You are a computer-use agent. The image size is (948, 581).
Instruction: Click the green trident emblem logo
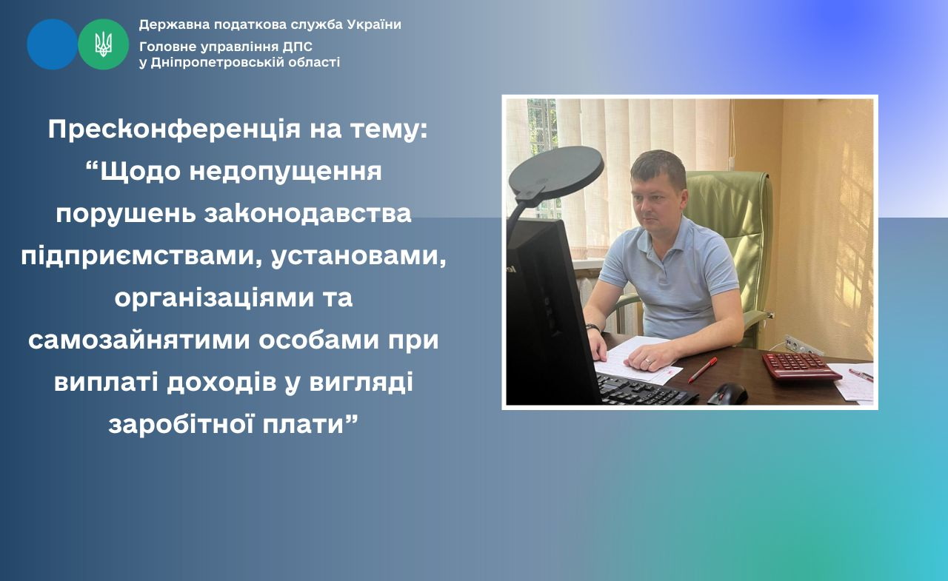tap(103, 44)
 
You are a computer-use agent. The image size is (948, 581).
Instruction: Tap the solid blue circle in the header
tap(52, 44)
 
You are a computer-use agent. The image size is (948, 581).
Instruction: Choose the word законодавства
tap(307, 214)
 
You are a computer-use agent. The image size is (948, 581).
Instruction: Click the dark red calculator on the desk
tap(801, 366)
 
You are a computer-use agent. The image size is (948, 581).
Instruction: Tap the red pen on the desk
tap(703, 370)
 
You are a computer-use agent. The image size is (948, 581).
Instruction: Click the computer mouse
tap(727, 394)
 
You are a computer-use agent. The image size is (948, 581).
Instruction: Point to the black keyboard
tap(644, 389)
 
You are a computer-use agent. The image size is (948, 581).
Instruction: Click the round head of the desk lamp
tap(556, 170)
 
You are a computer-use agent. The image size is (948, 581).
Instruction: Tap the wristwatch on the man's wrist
tap(592, 327)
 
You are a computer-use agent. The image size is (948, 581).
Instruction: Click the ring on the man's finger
tap(647, 360)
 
